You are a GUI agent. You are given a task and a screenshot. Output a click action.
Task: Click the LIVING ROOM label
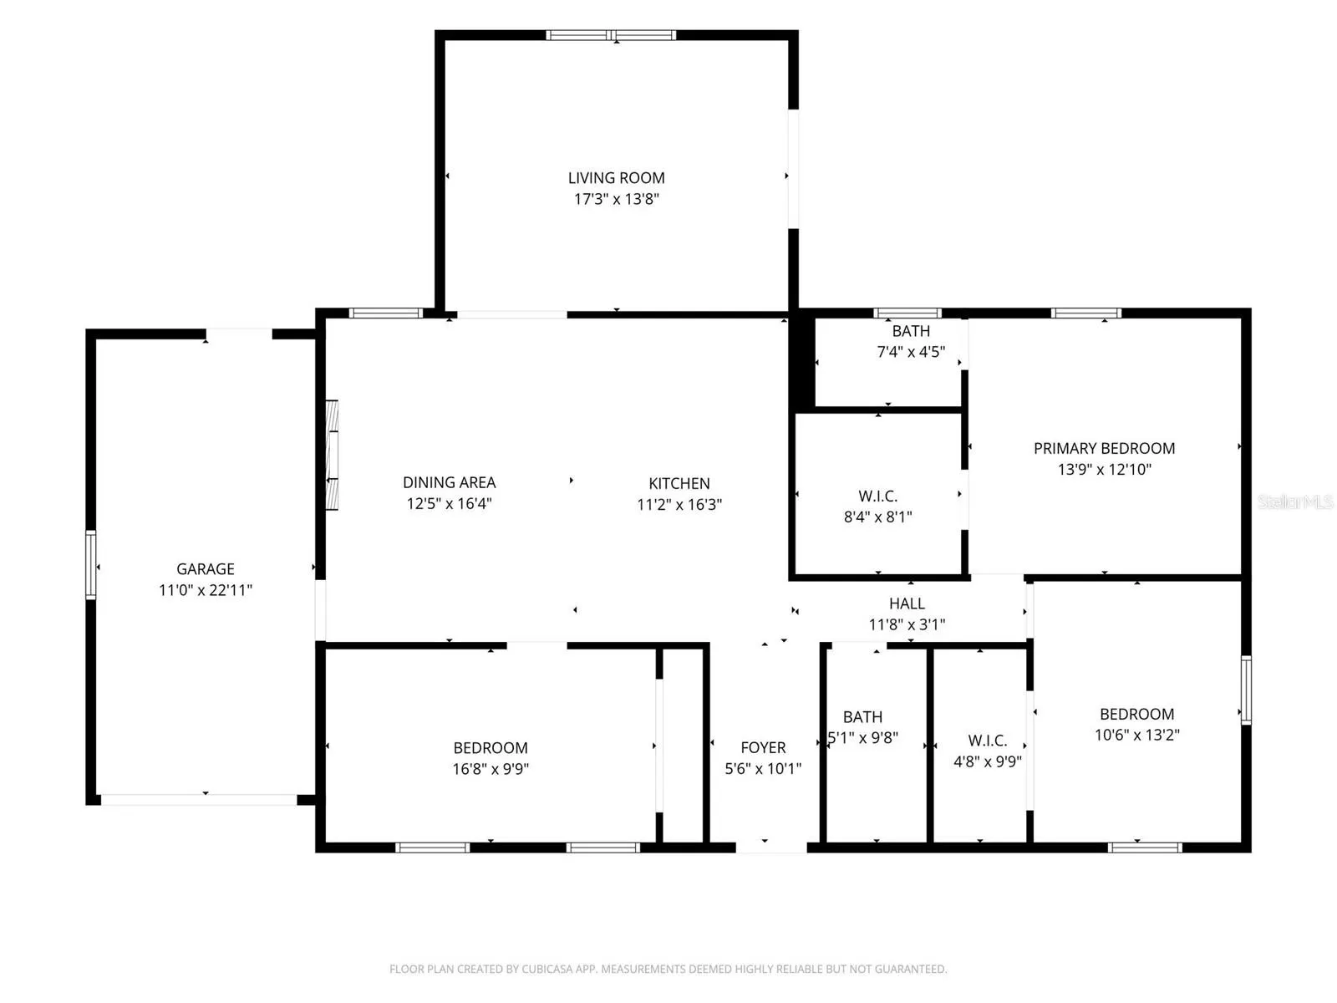coord(616,178)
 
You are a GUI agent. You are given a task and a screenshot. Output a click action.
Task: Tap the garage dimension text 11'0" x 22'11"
coord(206,589)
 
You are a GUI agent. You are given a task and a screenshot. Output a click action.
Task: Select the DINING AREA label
coord(449,482)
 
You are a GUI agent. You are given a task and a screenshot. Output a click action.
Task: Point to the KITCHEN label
coord(679,484)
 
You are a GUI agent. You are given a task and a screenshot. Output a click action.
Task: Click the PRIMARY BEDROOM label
coord(1104,448)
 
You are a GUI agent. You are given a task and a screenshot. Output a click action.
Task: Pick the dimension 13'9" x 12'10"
coord(1104,469)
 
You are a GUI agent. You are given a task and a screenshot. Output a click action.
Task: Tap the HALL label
coord(907,603)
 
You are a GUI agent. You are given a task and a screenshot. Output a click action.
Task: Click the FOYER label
coord(763,747)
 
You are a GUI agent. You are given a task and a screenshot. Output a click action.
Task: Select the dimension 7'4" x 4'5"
coord(911,351)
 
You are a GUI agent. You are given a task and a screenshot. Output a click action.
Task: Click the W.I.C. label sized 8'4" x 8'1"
coord(877,496)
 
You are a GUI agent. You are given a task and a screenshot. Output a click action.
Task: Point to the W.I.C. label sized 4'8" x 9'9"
coord(988,741)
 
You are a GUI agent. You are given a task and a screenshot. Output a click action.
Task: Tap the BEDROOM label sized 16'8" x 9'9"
coord(491,748)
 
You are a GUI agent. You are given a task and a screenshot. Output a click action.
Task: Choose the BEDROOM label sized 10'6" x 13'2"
coord(1136,714)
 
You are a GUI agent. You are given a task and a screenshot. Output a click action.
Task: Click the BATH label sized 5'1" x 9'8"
coord(862,717)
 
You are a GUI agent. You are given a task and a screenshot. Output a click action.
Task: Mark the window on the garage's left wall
coord(91,564)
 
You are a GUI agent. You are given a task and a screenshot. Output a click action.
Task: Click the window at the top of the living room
coord(610,35)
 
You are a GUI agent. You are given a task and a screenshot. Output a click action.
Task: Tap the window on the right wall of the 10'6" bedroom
coord(1246,690)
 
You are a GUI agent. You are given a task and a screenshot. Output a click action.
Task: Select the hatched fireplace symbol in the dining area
coord(332,455)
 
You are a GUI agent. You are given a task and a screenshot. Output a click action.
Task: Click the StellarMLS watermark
coord(1295,501)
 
